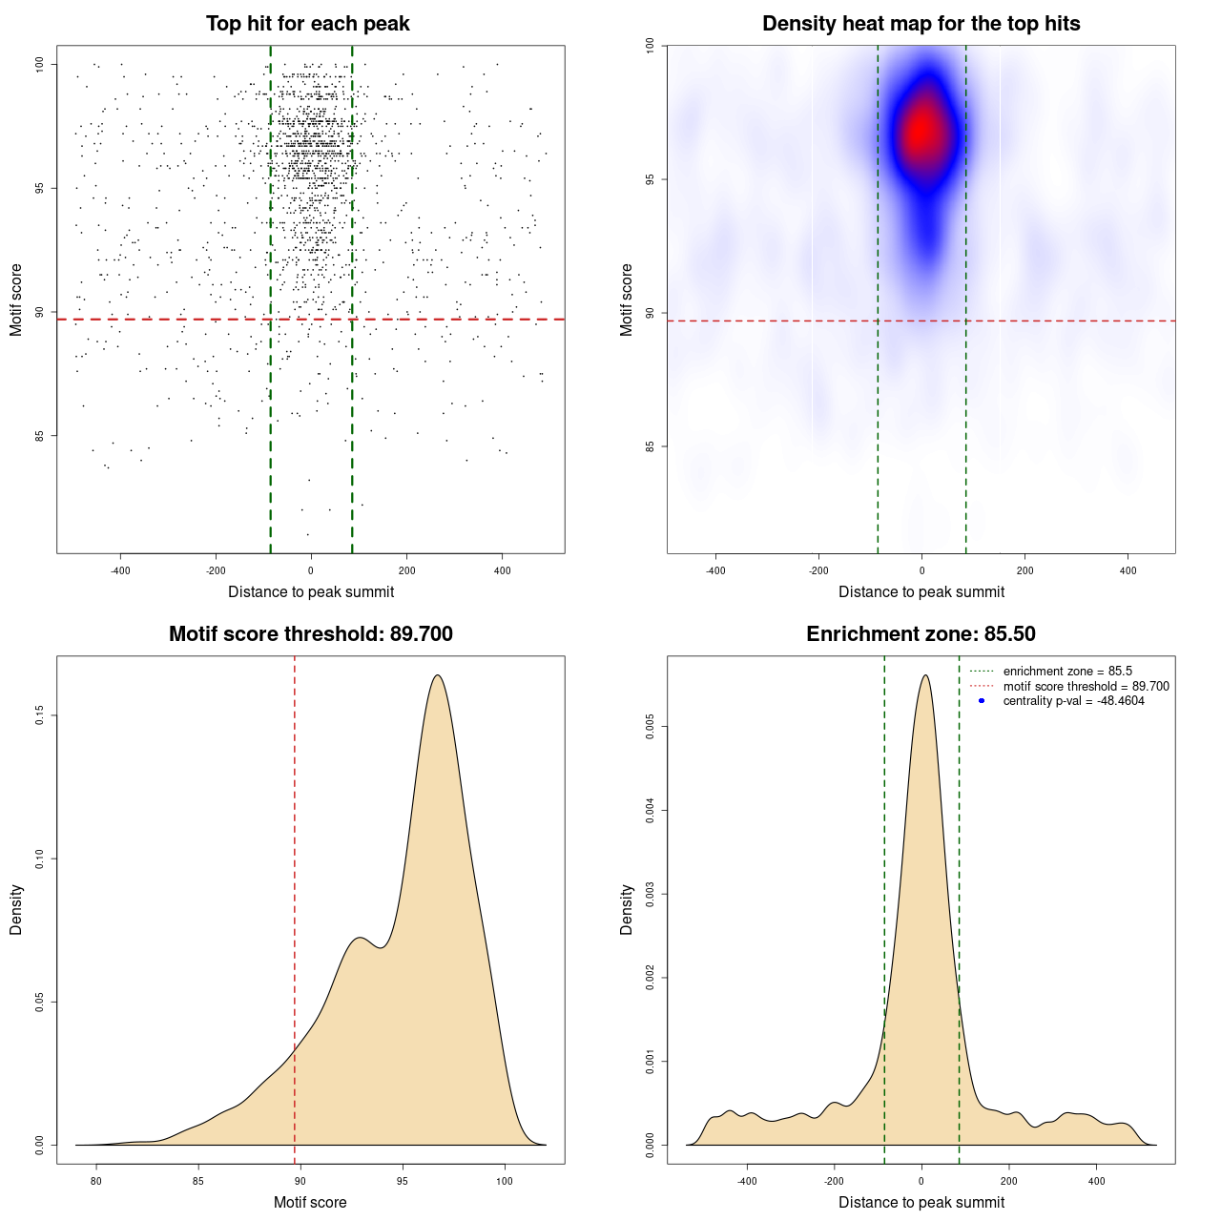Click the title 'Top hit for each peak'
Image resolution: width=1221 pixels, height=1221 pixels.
click(x=308, y=24)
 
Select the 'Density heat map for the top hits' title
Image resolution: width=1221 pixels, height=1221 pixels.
click(x=921, y=24)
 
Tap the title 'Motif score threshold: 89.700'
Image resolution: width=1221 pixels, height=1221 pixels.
click(x=310, y=634)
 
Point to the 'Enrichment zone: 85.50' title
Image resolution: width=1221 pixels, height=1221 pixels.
click(x=921, y=634)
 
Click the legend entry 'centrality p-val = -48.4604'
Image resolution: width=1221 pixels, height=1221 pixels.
click(x=1073, y=701)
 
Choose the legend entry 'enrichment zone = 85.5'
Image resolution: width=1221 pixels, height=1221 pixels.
click(x=1067, y=672)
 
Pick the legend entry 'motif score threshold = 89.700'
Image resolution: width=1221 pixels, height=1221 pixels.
click(x=1086, y=687)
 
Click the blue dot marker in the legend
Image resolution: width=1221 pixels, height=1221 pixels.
click(x=982, y=701)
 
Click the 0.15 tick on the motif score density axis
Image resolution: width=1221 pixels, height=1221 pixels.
click(x=39, y=715)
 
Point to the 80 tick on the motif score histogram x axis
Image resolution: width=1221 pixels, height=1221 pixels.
click(x=96, y=1181)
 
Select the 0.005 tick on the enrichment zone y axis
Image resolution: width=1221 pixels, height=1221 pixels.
click(x=650, y=728)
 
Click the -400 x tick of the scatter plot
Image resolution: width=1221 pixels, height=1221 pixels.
click(x=120, y=570)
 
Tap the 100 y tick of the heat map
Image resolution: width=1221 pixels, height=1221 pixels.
click(x=650, y=46)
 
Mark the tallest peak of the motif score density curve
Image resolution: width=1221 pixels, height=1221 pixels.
click(x=438, y=675)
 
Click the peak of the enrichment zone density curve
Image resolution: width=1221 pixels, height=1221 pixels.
click(x=925, y=675)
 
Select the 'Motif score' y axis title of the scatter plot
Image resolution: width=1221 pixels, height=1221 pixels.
click(x=16, y=300)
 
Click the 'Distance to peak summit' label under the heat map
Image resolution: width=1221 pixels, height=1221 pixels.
click(x=921, y=592)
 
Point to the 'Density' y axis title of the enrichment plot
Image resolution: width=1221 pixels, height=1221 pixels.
click(x=627, y=909)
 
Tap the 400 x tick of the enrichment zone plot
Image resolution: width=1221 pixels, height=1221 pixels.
click(x=1096, y=1181)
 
